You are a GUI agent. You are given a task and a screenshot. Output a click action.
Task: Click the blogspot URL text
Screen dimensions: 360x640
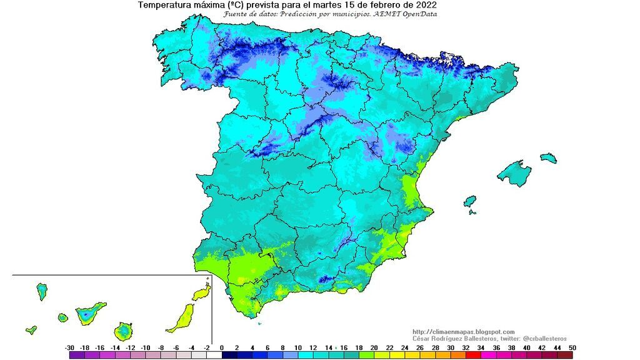click(463, 332)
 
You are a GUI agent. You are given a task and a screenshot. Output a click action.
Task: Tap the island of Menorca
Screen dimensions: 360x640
click(548, 157)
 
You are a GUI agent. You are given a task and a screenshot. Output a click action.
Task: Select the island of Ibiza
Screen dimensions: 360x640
click(470, 201)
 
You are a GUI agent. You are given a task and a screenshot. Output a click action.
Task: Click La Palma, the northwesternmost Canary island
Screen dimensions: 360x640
click(42, 290)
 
